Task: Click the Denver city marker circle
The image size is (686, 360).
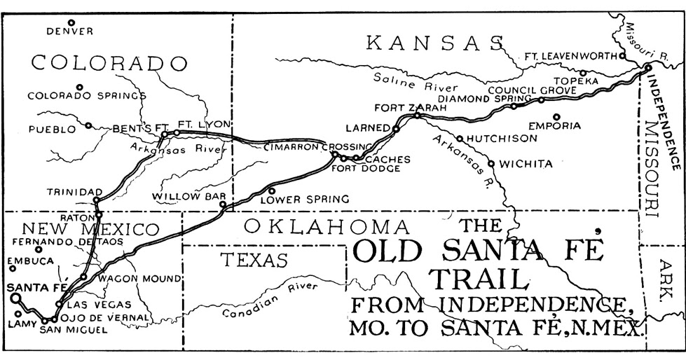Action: (x=71, y=22)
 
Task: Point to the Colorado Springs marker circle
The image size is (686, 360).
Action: (x=80, y=88)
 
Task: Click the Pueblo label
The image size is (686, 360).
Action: (x=51, y=129)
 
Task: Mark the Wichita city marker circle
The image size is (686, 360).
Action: (x=491, y=164)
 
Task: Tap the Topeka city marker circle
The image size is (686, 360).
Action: (x=582, y=72)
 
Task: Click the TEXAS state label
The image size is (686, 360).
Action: (x=254, y=261)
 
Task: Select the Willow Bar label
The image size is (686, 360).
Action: (x=181, y=197)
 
